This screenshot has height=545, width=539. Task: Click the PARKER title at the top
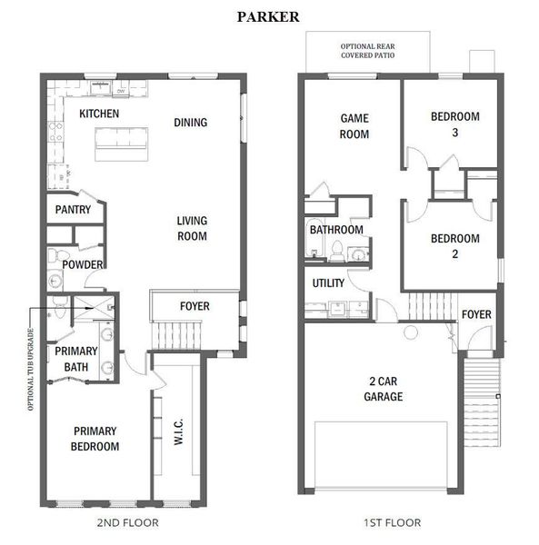(268, 17)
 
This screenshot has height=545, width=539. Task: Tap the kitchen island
(122, 144)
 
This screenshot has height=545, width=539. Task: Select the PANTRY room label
(73, 210)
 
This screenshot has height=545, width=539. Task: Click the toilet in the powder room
(55, 255)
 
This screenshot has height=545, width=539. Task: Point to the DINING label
(191, 123)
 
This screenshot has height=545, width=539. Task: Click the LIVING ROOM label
(192, 228)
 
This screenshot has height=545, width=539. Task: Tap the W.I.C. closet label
(178, 431)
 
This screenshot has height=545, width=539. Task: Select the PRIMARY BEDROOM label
(95, 439)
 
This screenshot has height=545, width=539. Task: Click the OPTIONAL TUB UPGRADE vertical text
(31, 370)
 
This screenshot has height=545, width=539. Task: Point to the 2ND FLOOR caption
(127, 522)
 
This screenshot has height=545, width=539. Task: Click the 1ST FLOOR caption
(393, 522)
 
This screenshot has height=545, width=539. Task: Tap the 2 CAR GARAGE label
(384, 389)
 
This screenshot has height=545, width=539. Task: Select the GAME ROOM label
(354, 126)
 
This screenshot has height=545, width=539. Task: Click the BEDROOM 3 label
(455, 124)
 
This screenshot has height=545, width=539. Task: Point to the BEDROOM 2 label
(455, 246)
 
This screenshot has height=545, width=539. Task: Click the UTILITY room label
(328, 283)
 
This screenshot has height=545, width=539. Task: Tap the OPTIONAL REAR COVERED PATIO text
(367, 51)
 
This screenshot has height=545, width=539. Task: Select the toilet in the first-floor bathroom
(336, 251)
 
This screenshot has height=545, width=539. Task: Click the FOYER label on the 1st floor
(476, 314)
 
